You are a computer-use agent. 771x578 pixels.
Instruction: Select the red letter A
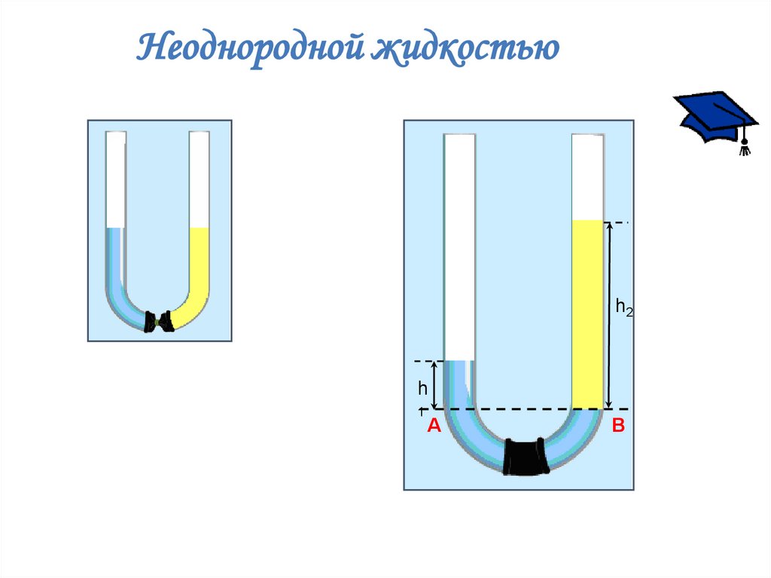(434, 427)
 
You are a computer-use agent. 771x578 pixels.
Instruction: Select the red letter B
(618, 427)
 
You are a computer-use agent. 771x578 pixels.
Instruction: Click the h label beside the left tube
(423, 388)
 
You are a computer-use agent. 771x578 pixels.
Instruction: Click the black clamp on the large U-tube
(526, 456)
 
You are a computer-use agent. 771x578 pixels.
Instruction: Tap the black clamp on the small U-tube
(159, 321)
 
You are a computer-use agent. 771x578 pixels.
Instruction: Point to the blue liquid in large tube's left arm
(458, 384)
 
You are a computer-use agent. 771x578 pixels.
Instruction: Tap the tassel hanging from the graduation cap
(745, 146)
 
